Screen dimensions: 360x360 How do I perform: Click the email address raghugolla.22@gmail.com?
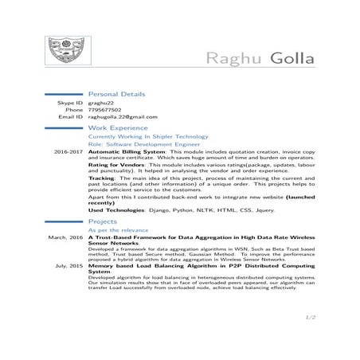pos(122,117)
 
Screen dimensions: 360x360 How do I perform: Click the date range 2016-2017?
pos(68,151)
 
